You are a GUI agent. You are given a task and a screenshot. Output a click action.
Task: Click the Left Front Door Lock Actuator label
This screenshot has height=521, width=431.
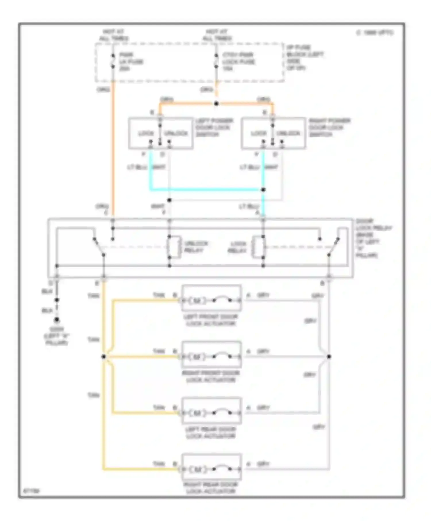pyautogui.click(x=211, y=320)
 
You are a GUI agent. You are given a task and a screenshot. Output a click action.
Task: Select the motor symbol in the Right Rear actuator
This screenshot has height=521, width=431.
pyautogui.click(x=197, y=470)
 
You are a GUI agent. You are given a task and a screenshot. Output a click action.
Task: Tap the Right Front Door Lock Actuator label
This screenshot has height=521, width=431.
pyautogui.click(x=211, y=376)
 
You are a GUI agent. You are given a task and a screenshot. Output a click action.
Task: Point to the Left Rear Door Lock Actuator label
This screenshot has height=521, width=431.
pyautogui.click(x=211, y=433)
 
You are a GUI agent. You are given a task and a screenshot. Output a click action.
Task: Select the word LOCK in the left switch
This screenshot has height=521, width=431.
pyautogui.click(x=146, y=134)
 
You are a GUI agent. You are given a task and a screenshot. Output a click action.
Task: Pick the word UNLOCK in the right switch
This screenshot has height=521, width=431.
pyautogui.click(x=288, y=134)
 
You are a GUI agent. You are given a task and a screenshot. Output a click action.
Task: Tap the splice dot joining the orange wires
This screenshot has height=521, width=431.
pyautogui.click(x=216, y=103)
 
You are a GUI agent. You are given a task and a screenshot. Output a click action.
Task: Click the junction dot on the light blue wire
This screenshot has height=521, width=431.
pyautogui.click(x=263, y=190)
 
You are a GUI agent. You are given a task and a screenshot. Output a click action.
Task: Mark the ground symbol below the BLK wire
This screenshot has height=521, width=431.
pyautogui.click(x=57, y=320)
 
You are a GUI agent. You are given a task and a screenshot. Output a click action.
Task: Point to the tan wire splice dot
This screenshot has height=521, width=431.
pyautogui.click(x=104, y=357)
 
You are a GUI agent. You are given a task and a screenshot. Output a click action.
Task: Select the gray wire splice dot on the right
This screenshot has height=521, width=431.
pyautogui.click(x=329, y=357)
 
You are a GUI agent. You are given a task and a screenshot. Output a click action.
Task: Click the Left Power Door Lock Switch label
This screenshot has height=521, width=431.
pyautogui.click(x=214, y=127)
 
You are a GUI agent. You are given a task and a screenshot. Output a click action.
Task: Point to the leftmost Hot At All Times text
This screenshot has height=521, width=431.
pyautogui.click(x=114, y=35)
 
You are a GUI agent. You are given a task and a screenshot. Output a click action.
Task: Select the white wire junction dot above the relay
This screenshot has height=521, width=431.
pyautogui.click(x=169, y=200)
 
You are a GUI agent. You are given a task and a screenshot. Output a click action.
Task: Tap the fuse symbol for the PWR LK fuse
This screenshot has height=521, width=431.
pyautogui.click(x=113, y=61)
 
